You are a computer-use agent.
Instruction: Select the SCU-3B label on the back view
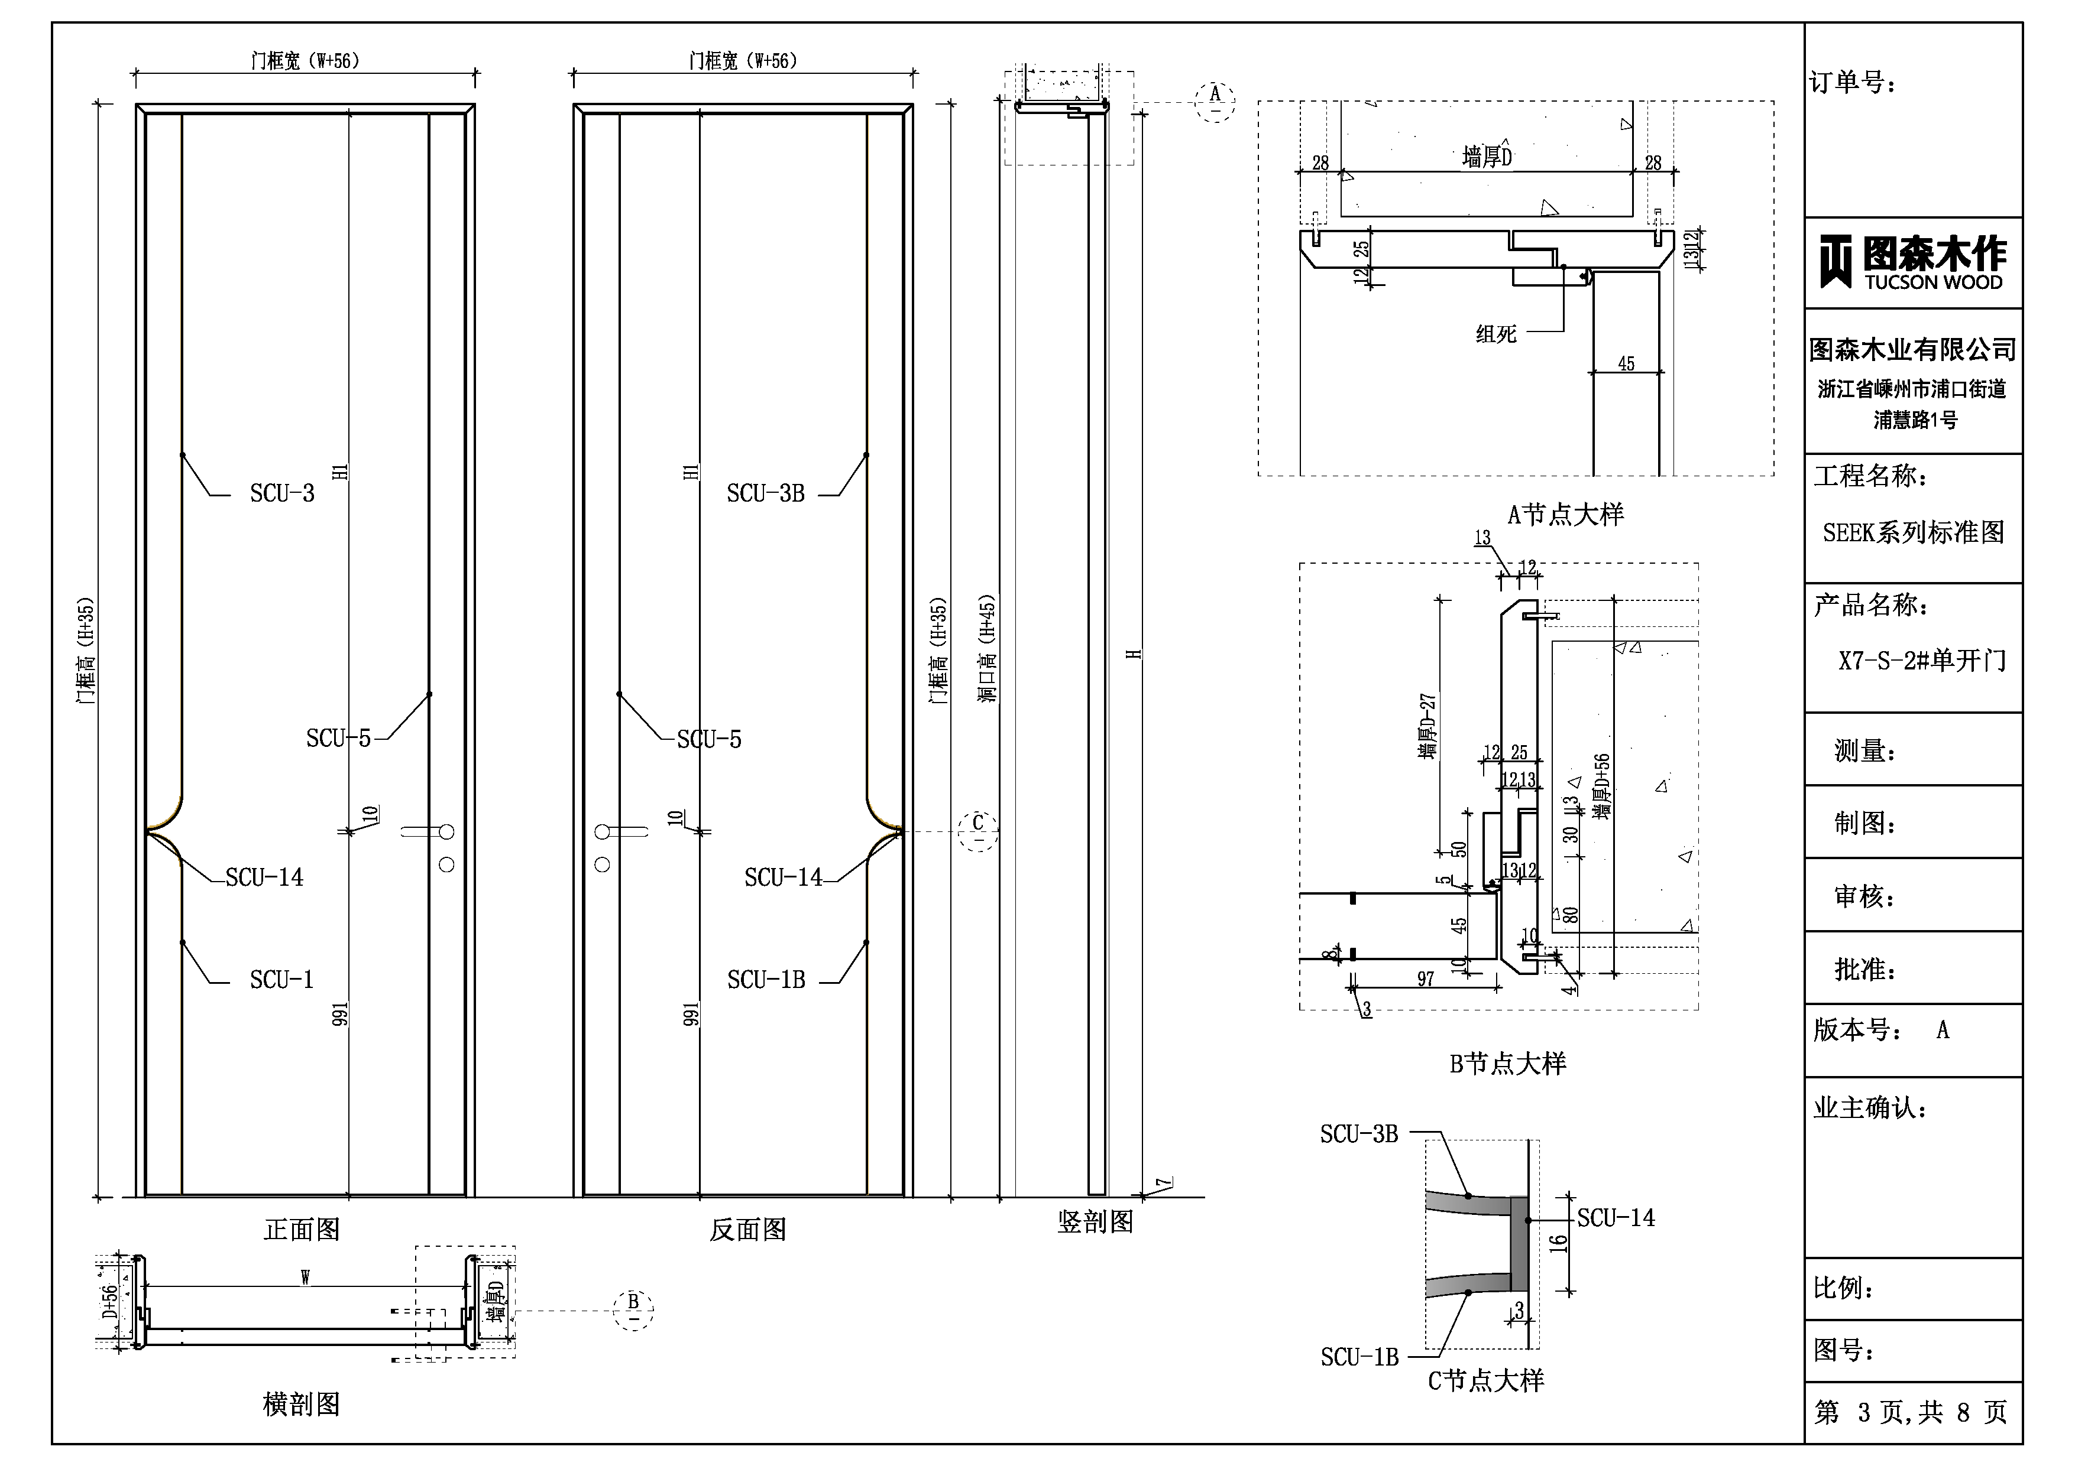pyautogui.click(x=765, y=493)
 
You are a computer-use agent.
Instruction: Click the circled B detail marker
pyautogui.click(x=633, y=1309)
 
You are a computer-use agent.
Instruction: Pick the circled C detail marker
pyautogui.click(x=978, y=830)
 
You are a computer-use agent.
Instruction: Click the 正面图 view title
pyautogui.click(x=302, y=1229)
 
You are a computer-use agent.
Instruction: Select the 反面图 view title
pyautogui.click(x=747, y=1229)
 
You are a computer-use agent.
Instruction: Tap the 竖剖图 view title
pyautogui.click(x=1095, y=1222)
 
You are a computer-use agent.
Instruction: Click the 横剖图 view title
pyautogui.click(x=302, y=1404)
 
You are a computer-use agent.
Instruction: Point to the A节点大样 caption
pyautogui.click(x=1565, y=515)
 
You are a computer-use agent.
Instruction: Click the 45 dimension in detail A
pyautogui.click(x=1626, y=364)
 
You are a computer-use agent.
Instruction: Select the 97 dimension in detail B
pyautogui.click(x=1425, y=979)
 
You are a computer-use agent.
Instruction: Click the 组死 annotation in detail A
pyautogui.click(x=1497, y=334)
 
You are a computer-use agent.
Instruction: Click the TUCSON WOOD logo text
pyautogui.click(x=1933, y=282)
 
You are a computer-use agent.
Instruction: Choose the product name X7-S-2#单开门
pyautogui.click(x=1921, y=660)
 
